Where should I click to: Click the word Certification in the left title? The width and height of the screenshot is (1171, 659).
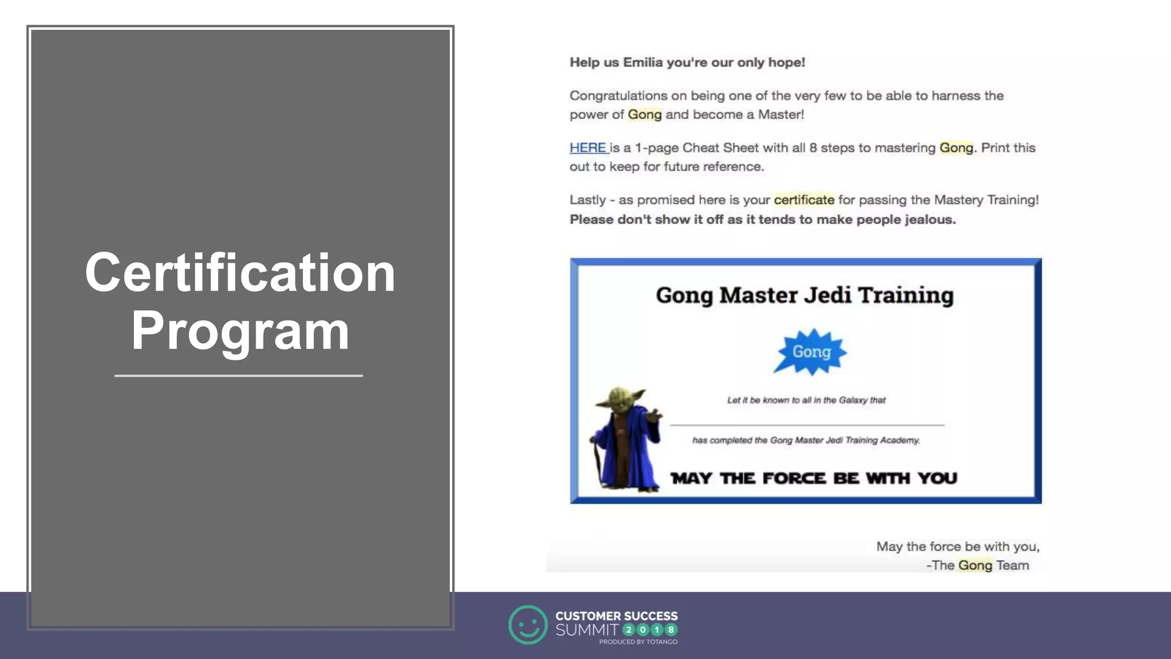240,273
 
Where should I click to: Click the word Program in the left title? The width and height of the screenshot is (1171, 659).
240,332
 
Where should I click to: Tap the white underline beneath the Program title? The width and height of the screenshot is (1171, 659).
238,376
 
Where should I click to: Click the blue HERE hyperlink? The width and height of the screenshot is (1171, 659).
588,148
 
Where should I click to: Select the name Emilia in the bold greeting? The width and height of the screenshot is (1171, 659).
643,62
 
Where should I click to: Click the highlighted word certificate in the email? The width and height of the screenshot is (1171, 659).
803,200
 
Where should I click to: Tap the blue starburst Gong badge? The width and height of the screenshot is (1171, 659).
810,352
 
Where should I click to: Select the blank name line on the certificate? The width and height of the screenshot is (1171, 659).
806,425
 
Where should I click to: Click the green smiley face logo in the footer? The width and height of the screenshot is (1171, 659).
528,625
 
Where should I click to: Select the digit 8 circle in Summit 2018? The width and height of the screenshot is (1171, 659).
671,630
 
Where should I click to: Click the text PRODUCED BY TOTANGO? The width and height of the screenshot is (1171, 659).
638,642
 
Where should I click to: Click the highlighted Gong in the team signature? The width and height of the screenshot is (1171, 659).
975,565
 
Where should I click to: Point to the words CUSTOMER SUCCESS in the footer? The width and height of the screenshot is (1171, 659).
616,616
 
